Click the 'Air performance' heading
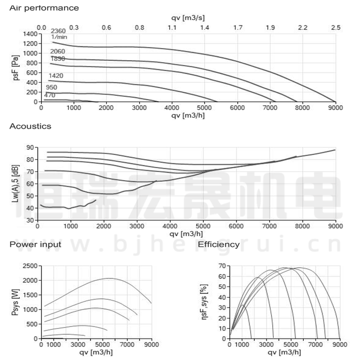click(x=44, y=8)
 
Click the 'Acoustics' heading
click(x=31, y=126)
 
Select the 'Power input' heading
click(x=35, y=244)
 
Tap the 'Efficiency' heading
click(x=219, y=244)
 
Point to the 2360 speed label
click(x=58, y=31)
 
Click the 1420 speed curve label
click(x=56, y=76)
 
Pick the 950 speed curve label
click(x=51, y=87)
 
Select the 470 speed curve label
click(x=49, y=95)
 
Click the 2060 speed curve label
click(x=58, y=51)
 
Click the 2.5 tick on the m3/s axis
click(x=336, y=27)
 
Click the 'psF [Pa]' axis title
click(x=16, y=68)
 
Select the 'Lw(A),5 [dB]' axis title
click(x=16, y=184)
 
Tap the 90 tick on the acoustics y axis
click(x=30, y=147)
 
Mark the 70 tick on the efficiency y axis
click(x=221, y=266)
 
